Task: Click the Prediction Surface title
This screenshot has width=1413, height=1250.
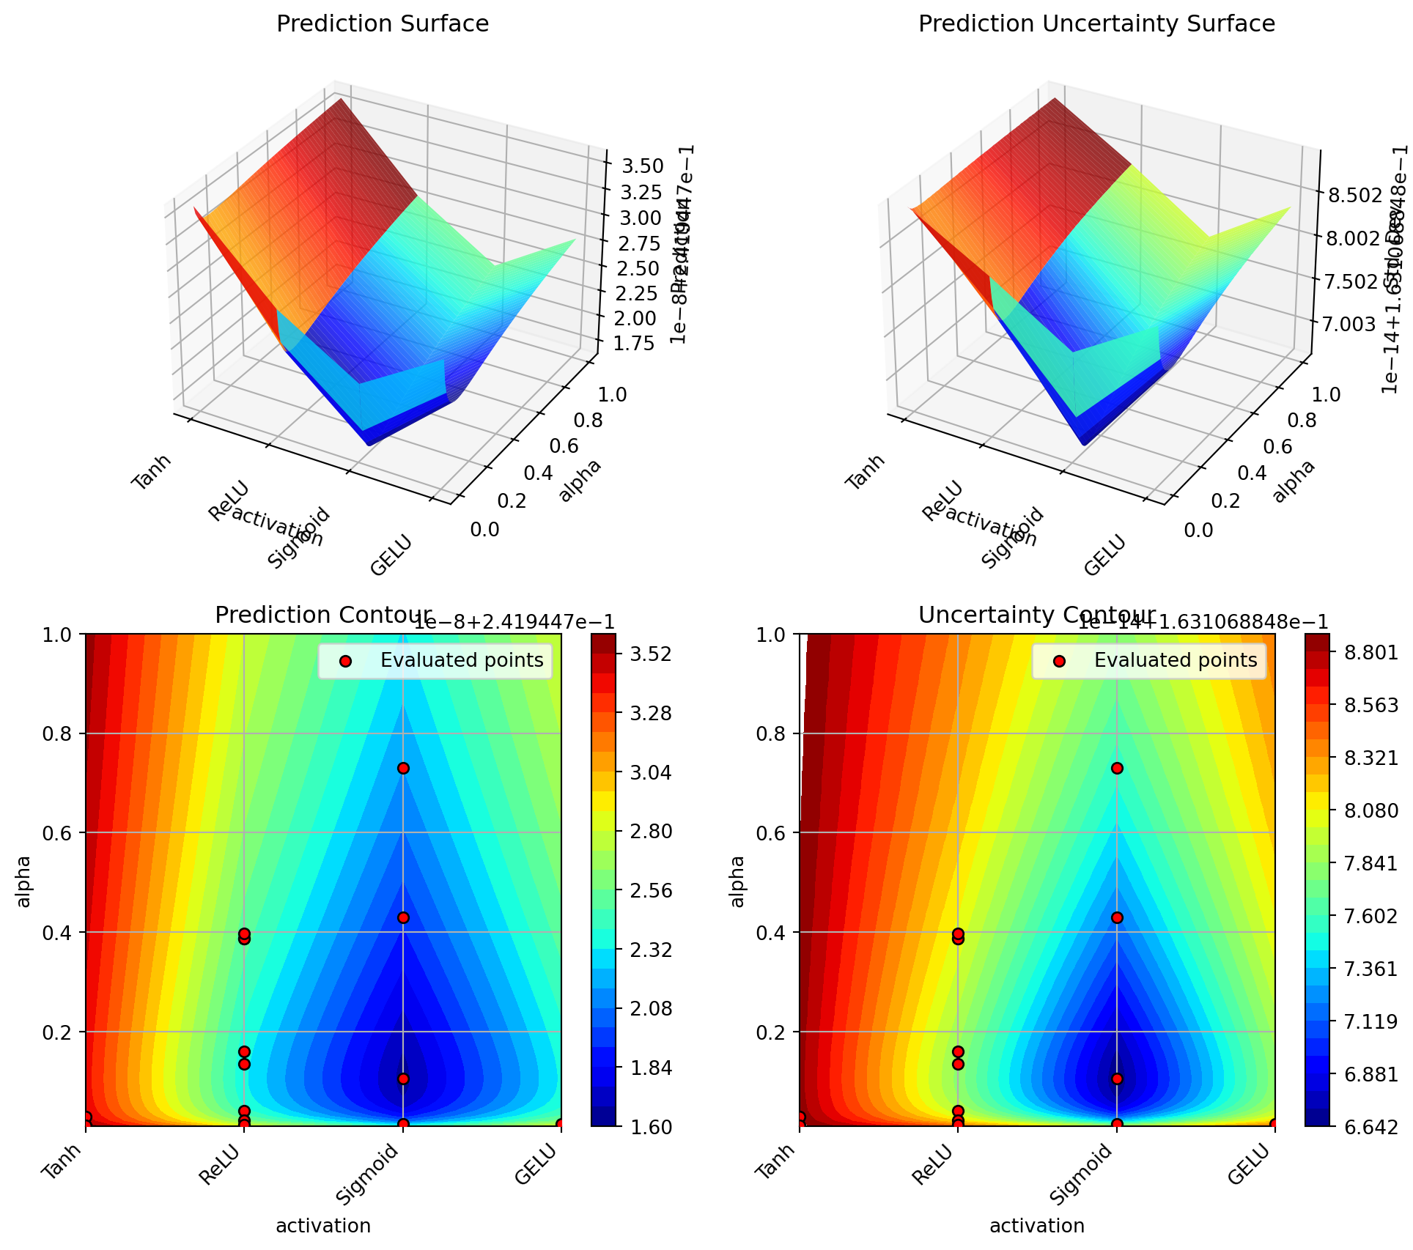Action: point(383,24)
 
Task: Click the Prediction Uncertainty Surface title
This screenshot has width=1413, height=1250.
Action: point(1096,24)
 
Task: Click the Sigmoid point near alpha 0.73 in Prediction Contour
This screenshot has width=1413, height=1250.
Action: point(403,768)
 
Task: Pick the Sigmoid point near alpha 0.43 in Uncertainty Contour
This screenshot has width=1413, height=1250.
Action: point(1117,917)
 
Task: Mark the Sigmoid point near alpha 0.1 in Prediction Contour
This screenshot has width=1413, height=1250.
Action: point(403,1079)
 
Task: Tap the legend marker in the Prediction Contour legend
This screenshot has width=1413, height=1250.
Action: point(347,661)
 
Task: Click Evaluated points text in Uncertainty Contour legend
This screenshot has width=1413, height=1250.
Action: point(1176,660)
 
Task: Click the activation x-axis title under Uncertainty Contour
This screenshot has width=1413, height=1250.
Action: point(1036,1226)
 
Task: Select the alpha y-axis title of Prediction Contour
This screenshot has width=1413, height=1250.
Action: point(24,881)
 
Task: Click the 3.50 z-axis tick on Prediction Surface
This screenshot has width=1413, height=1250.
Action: point(642,166)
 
